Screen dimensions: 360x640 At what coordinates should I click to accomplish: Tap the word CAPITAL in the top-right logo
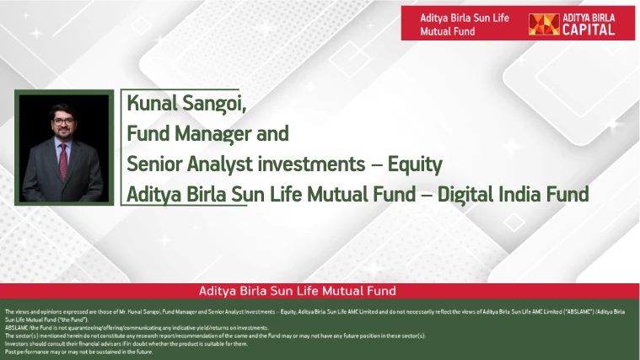point(593,30)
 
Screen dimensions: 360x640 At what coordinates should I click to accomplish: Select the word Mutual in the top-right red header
point(436,31)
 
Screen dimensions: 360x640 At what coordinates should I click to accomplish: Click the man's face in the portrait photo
point(63,124)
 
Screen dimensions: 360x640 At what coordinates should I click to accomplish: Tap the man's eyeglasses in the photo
point(63,121)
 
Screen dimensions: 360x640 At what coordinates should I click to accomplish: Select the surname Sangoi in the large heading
point(219,105)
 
